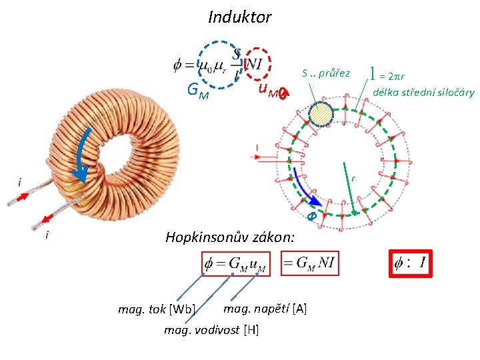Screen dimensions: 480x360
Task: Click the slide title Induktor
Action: click(x=239, y=16)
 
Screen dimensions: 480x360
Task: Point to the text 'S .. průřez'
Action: click(x=326, y=72)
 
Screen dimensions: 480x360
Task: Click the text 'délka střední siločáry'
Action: click(x=423, y=93)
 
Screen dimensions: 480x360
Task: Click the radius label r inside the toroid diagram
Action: click(x=353, y=178)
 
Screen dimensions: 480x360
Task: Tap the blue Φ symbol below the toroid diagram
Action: click(x=310, y=217)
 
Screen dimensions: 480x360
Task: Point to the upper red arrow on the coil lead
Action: click(x=22, y=197)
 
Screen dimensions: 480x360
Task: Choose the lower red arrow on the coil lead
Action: click(x=47, y=218)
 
